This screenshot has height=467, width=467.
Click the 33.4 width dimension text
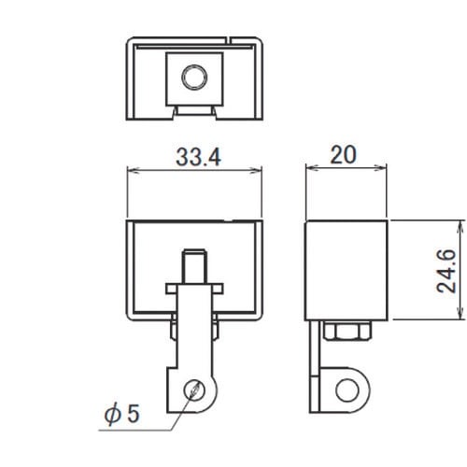(199, 157)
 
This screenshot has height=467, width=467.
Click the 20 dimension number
(343, 155)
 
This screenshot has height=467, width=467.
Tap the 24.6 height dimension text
(446, 271)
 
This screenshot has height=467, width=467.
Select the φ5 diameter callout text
(122, 414)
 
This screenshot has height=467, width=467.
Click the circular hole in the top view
(194, 78)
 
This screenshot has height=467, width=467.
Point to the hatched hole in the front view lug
(194, 390)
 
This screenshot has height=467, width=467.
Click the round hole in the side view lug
(347, 390)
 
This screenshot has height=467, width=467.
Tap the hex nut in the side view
(347, 331)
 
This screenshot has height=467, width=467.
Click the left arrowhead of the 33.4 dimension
(133, 170)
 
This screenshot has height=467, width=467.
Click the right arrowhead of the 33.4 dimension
(257, 170)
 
